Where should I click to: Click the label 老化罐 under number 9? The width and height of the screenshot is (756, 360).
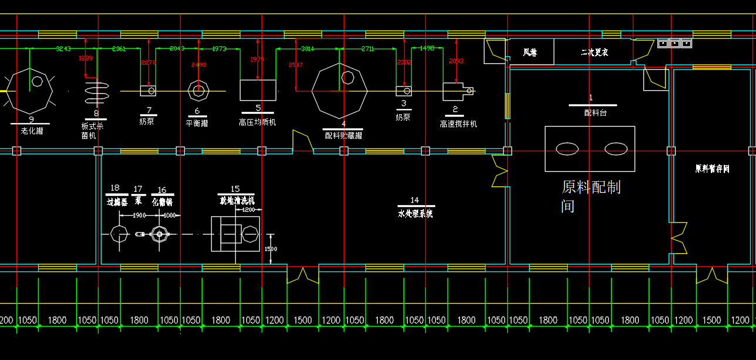32,131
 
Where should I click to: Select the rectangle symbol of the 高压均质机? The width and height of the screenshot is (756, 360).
258,90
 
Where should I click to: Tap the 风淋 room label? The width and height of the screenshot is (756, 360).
530,53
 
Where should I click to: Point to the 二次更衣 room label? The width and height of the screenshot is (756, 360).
594,53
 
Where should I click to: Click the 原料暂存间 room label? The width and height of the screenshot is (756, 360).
712,169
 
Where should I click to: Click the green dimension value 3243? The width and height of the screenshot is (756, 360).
63,49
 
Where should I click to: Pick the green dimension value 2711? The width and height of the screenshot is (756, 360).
367,49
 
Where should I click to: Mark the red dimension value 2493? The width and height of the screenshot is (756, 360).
199,64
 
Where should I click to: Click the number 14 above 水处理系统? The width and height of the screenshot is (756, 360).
415,201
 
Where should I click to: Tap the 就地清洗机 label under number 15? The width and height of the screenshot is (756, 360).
236,201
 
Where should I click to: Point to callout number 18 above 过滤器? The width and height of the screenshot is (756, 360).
115,188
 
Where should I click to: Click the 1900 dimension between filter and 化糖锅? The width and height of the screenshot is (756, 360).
139,215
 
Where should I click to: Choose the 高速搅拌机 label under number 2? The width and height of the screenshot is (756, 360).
459,124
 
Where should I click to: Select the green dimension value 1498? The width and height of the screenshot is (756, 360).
427,49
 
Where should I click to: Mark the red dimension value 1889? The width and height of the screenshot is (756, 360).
86,58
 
